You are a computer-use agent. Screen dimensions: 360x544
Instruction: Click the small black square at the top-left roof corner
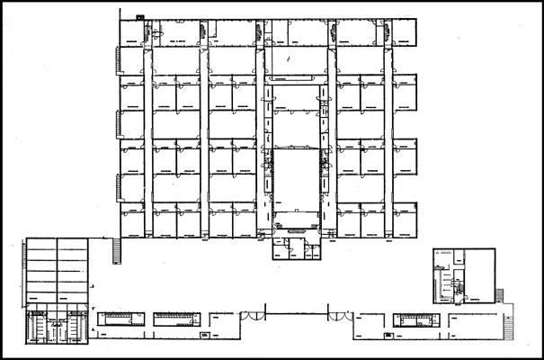click(x=138, y=17)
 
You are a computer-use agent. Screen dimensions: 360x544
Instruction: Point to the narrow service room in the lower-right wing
click(x=413, y=318)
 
